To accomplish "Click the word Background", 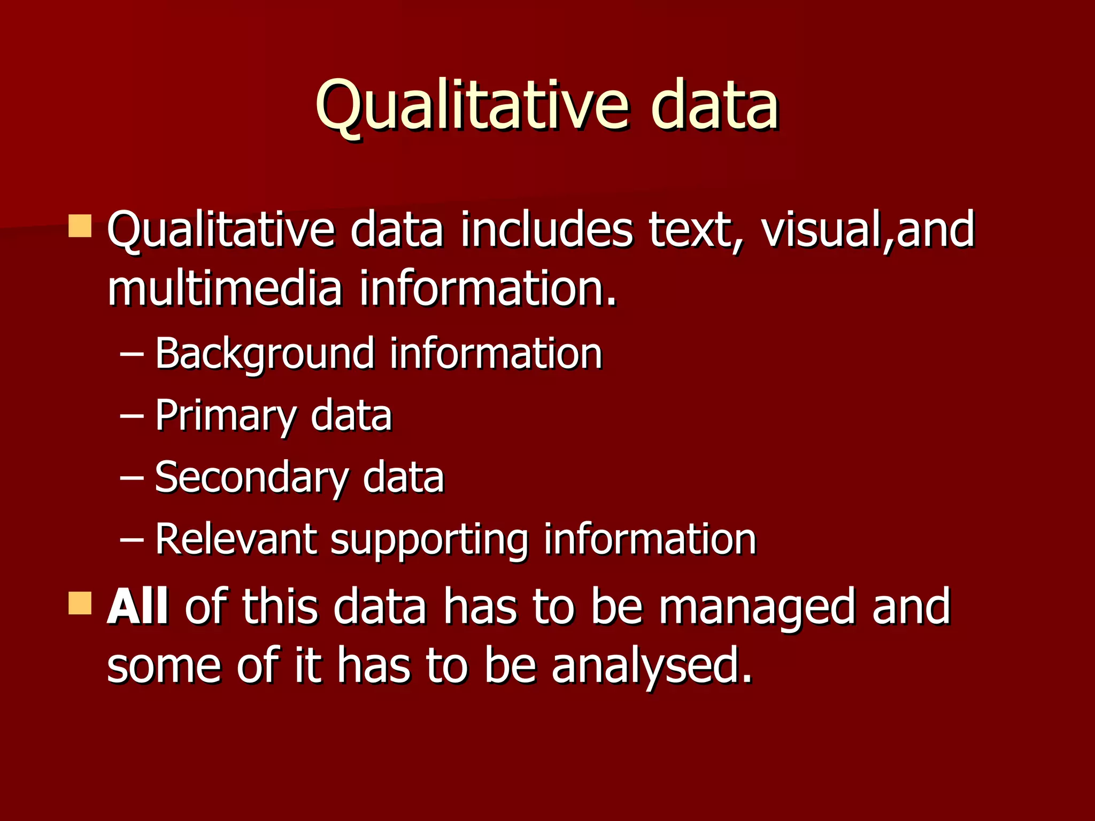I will click(264, 354).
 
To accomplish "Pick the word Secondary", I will click(251, 477).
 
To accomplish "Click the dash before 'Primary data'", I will click(132, 416).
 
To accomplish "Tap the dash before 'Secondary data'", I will click(132, 477).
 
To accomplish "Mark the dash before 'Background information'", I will click(132, 354).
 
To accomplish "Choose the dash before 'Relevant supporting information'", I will click(132, 539).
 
